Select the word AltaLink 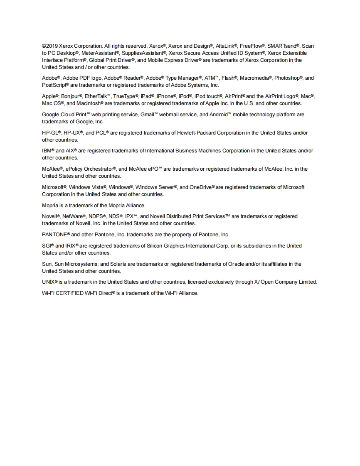coord(226,46)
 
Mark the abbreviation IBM coord(47,151)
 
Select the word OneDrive coord(201,187)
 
